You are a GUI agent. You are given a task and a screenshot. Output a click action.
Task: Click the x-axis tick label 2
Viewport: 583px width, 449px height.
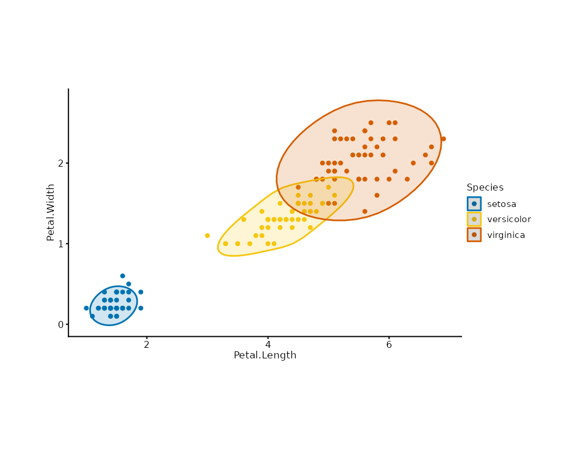(x=147, y=345)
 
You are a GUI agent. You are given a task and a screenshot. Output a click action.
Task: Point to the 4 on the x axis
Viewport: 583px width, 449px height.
(x=268, y=345)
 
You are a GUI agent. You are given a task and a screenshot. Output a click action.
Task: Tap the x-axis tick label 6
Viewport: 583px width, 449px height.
(x=389, y=345)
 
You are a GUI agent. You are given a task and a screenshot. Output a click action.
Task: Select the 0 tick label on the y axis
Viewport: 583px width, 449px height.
(x=61, y=324)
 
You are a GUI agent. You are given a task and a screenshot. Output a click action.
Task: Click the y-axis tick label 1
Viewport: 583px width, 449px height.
(x=61, y=244)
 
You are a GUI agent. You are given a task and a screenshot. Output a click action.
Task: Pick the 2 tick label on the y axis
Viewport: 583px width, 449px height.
(x=61, y=163)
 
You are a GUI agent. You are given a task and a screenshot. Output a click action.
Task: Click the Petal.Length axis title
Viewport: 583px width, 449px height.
(x=265, y=355)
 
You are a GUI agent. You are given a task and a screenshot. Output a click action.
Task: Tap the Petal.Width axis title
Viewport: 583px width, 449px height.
(x=51, y=212)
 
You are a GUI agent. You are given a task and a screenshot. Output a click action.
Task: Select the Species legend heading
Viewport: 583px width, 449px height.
(x=485, y=188)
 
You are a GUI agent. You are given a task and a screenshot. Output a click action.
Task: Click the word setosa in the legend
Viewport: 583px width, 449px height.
(x=502, y=204)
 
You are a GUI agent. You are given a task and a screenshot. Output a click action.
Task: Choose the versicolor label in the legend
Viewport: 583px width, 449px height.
(x=509, y=219)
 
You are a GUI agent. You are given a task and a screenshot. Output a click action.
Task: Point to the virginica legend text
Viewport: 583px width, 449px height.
(x=506, y=235)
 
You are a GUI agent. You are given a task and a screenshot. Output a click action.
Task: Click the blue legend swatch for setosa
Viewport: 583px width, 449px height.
(x=474, y=204)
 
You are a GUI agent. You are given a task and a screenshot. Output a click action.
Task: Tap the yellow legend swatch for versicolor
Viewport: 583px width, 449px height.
(x=474, y=219)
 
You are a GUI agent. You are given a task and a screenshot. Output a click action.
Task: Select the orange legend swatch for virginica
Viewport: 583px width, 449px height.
(x=474, y=234)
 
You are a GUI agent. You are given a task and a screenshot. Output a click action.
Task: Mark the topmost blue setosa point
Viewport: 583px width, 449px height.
(x=123, y=276)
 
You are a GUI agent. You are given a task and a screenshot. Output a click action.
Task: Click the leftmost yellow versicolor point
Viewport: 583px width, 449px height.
(x=207, y=236)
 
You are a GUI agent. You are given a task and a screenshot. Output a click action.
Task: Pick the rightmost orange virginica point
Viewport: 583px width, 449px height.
(x=443, y=139)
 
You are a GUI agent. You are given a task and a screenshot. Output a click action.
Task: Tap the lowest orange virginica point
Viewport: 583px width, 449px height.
(x=365, y=212)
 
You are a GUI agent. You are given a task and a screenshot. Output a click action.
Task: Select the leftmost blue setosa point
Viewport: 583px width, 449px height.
(x=86, y=308)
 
